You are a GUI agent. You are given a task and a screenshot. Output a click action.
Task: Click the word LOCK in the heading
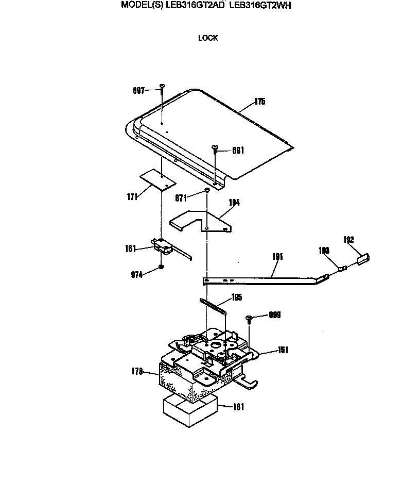[208, 38]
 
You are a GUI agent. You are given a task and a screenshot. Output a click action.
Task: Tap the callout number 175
[259, 102]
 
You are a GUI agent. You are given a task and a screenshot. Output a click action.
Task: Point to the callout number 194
[234, 203]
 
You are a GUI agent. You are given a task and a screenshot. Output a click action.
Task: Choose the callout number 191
[278, 256]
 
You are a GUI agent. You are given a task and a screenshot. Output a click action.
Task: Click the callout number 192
[348, 239]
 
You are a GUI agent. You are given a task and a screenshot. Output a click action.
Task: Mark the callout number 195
[237, 297]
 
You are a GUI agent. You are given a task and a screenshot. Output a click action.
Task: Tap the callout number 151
[283, 350]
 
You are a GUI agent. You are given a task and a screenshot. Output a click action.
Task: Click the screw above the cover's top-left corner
[162, 89]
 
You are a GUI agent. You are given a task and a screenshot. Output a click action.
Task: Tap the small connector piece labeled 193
[341, 268]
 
